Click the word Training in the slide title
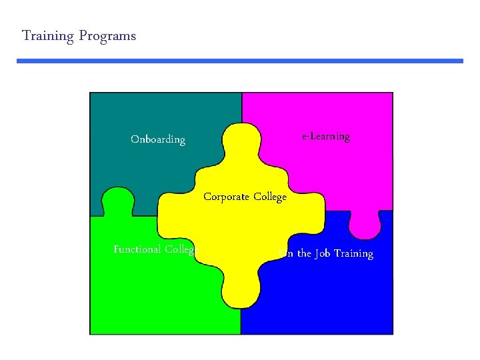click(47, 36)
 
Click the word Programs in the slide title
click(107, 36)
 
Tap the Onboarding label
click(158, 139)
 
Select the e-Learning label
click(325, 137)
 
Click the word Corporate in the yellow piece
click(227, 197)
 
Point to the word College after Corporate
click(270, 197)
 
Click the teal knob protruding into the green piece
click(117, 201)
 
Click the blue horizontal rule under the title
click(240, 61)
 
